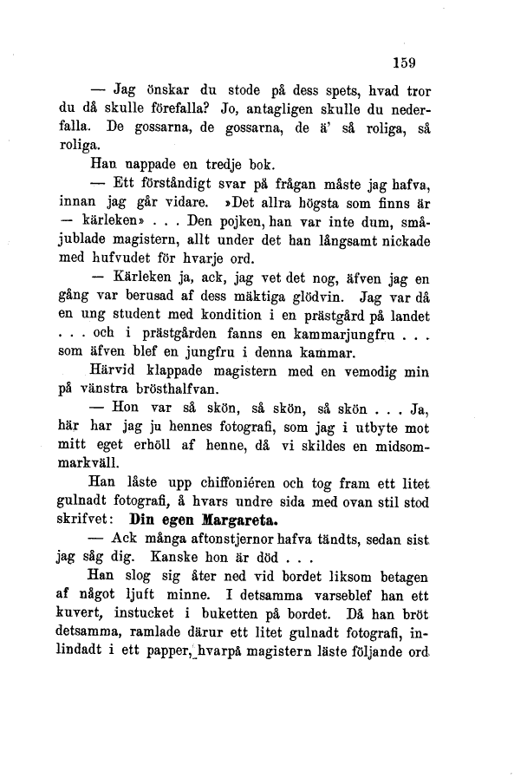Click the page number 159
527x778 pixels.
coord(405,62)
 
